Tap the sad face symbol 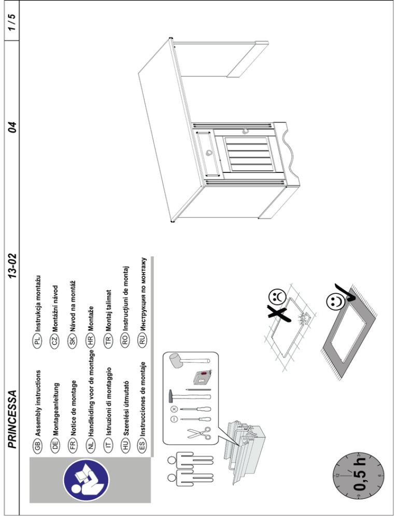tap(279, 297)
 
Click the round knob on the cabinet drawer tap(210, 153)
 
